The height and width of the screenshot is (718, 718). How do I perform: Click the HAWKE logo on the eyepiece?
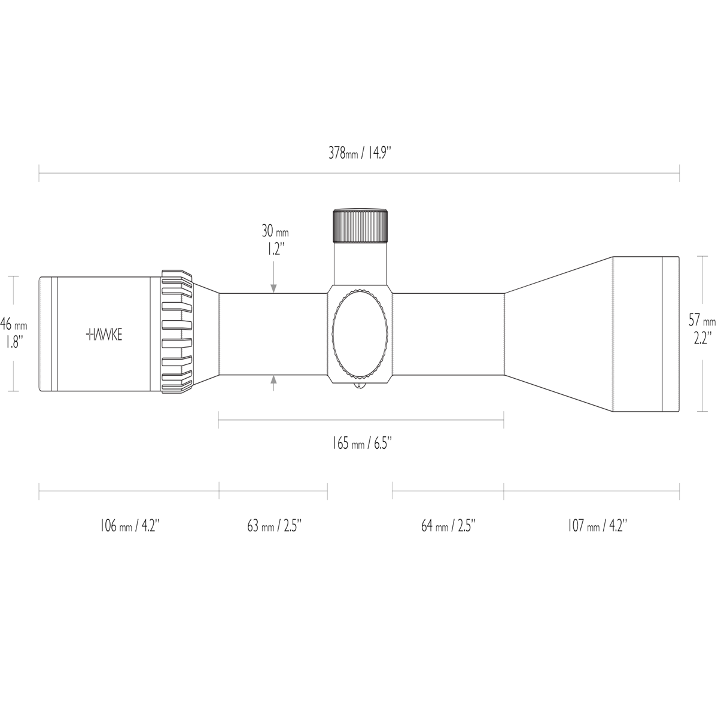point(104,334)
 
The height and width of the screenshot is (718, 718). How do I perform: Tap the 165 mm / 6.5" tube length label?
point(362,443)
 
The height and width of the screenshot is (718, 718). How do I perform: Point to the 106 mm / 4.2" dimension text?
point(130,526)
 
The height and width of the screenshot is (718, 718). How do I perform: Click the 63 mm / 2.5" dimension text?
point(274,526)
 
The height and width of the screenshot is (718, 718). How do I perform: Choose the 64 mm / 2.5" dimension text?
point(449,526)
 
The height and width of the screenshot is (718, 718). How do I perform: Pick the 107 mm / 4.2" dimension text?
point(597,526)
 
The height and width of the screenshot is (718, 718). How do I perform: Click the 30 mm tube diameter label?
point(275,232)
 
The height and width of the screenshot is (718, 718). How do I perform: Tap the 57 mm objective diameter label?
point(702,320)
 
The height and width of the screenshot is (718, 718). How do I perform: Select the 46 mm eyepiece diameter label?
point(13,324)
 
